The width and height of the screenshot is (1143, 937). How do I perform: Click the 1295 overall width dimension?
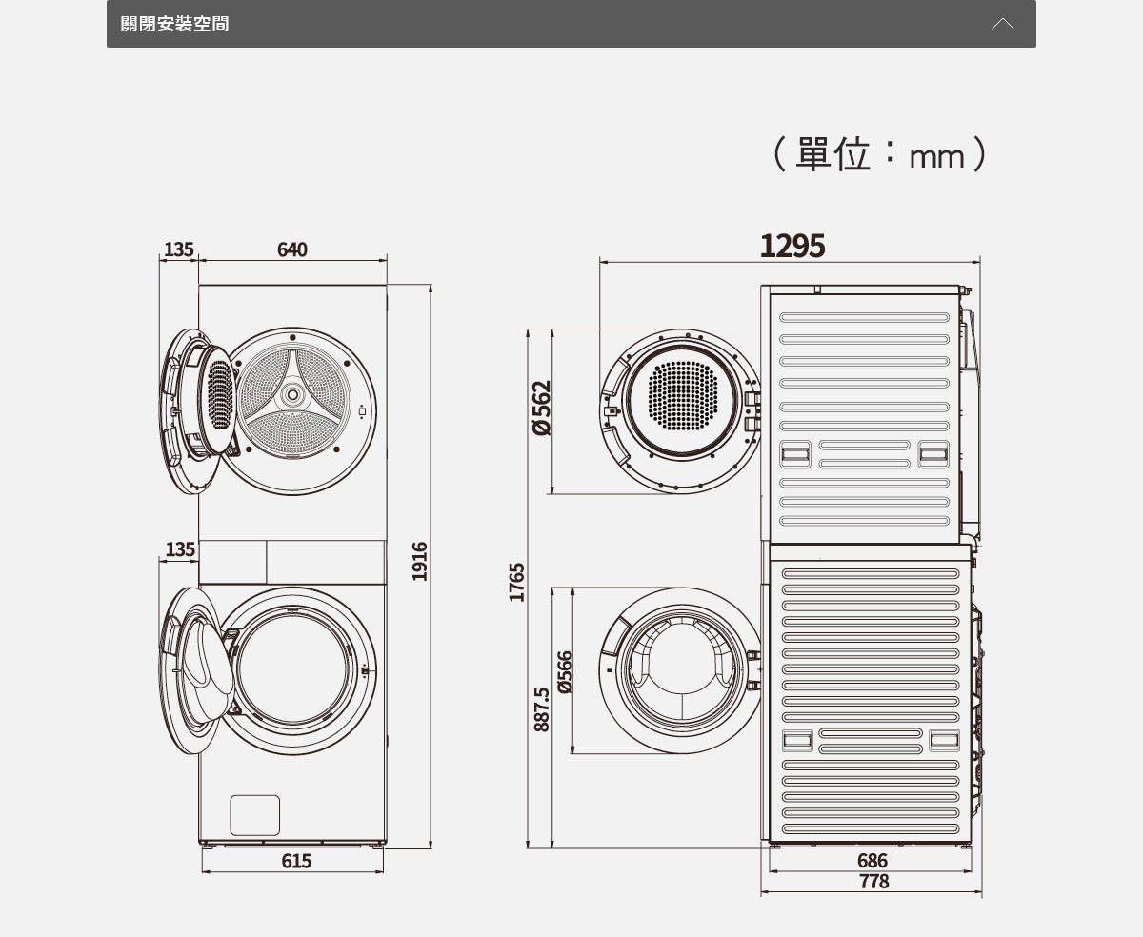[x=792, y=247]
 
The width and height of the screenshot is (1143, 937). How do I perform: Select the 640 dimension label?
[x=292, y=249]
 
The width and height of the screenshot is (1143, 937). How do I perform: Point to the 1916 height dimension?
[x=420, y=561]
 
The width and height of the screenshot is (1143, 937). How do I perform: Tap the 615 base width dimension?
[x=296, y=861]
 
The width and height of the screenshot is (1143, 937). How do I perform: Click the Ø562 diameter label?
[x=541, y=409]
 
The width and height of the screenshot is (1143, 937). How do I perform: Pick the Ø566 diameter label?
[x=566, y=672]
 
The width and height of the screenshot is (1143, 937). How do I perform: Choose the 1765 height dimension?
[x=516, y=582]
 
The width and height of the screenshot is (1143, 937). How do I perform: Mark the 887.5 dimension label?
[x=541, y=709]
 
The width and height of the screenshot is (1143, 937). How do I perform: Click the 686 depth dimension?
[x=872, y=862]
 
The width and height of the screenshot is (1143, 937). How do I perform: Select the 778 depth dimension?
[x=873, y=882]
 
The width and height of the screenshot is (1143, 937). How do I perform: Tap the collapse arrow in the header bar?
[x=1002, y=24]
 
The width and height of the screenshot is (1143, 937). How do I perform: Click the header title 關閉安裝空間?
[x=174, y=24]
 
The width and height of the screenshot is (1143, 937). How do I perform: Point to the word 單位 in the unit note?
[x=832, y=154]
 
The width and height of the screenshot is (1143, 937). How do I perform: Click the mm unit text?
[x=937, y=156]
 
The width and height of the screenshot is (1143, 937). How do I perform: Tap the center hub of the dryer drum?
[x=292, y=394]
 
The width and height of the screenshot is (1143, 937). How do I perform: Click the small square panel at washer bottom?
[x=255, y=815]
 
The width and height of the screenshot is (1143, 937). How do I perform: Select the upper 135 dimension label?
[x=178, y=249]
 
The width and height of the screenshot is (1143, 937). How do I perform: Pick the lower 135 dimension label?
[x=179, y=549]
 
